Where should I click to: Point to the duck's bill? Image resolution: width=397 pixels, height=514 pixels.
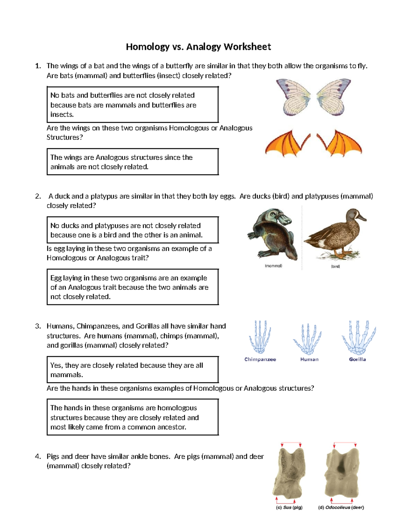point(362,218)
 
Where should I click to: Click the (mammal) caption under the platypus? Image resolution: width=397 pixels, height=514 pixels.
point(273,266)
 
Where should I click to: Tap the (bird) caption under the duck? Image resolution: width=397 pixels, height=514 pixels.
point(335,266)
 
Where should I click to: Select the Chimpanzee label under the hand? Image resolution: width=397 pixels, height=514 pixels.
point(260,359)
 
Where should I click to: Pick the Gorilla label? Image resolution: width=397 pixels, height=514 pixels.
point(357,359)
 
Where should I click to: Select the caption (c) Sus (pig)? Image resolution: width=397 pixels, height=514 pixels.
point(289,507)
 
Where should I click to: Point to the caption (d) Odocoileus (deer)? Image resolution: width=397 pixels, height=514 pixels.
point(341,507)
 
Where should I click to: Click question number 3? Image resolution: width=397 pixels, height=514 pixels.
point(38,326)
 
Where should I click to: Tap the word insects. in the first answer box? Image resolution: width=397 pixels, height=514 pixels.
point(62,115)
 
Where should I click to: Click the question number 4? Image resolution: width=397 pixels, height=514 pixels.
point(38,457)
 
